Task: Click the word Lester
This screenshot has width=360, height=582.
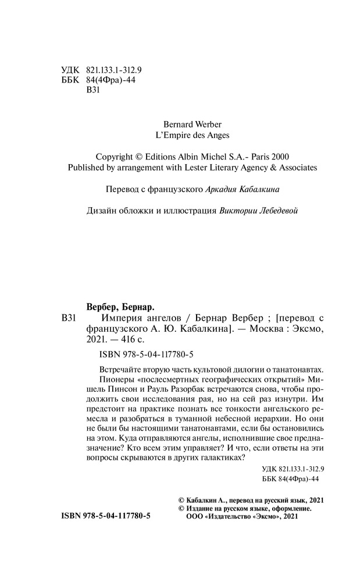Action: point(195,168)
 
